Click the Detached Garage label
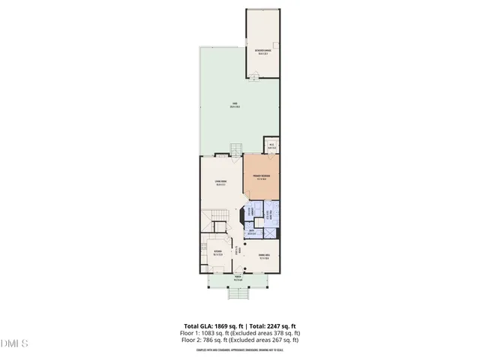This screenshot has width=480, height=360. tap(262, 52)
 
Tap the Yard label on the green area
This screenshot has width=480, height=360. tap(235, 105)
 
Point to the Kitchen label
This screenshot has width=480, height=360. tap(217, 253)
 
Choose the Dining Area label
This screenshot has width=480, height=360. tap(264, 256)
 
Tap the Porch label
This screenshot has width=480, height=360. tap(238, 277)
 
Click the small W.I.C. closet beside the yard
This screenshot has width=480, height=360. tap(271, 146)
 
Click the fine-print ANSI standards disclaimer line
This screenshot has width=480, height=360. tap(239, 349)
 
